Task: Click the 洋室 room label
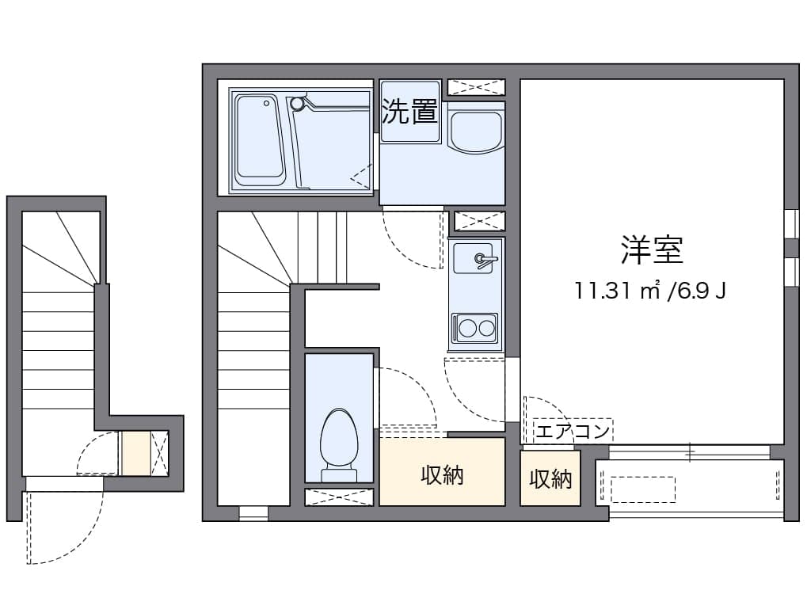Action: click(652, 250)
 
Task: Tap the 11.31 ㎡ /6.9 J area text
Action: click(650, 291)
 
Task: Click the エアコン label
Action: click(573, 431)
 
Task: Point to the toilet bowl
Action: click(339, 438)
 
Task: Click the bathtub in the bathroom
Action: click(260, 139)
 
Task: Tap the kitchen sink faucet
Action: click(485, 260)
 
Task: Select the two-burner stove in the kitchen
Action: click(474, 329)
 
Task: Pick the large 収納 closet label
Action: click(442, 475)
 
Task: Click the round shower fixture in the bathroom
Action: click(297, 104)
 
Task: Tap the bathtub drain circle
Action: click(267, 103)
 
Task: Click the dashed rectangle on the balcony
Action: click(642, 489)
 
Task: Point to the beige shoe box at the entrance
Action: click(136, 453)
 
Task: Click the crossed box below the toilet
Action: click(339, 497)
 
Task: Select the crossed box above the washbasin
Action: click(476, 87)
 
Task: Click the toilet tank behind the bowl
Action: click(339, 475)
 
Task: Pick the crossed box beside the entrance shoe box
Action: click(159, 453)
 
